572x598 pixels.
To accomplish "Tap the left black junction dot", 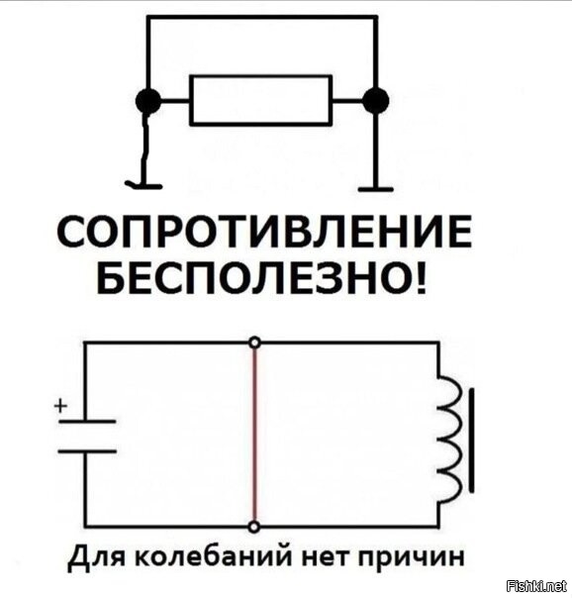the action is point(148,101).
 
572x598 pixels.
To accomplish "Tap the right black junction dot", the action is point(376,101).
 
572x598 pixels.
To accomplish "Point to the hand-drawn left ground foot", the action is point(143,186).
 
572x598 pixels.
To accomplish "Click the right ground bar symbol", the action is point(376,189).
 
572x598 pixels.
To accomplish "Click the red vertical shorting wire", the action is point(255,435).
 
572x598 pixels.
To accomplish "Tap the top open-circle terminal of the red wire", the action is point(255,343).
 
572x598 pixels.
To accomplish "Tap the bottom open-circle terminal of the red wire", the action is point(254,527).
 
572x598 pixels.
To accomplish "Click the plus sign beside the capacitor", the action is point(60,406).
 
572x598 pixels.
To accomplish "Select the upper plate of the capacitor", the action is point(87,422).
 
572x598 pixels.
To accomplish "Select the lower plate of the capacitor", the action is point(87,451).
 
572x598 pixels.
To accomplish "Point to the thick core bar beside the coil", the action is point(472,441).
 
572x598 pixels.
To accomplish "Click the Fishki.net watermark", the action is point(537,585).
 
